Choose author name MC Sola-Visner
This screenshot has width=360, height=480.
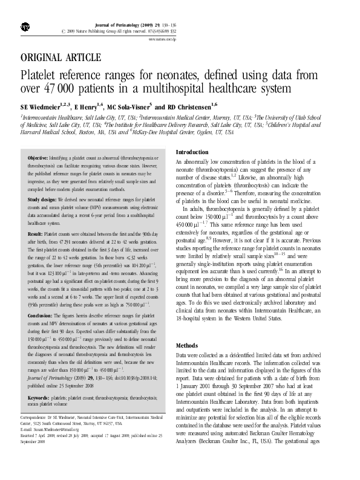(x=129, y=105)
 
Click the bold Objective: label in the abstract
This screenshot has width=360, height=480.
(x=42, y=157)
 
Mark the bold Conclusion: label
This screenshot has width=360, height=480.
(x=45, y=315)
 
